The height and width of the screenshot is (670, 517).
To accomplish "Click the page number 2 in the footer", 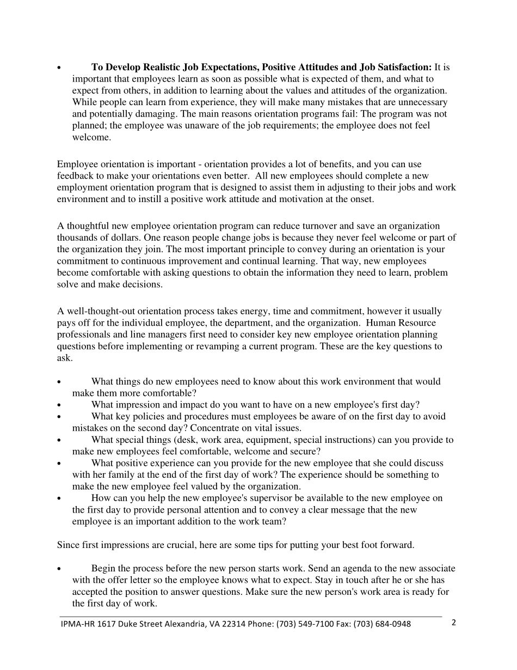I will [x=453, y=623].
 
